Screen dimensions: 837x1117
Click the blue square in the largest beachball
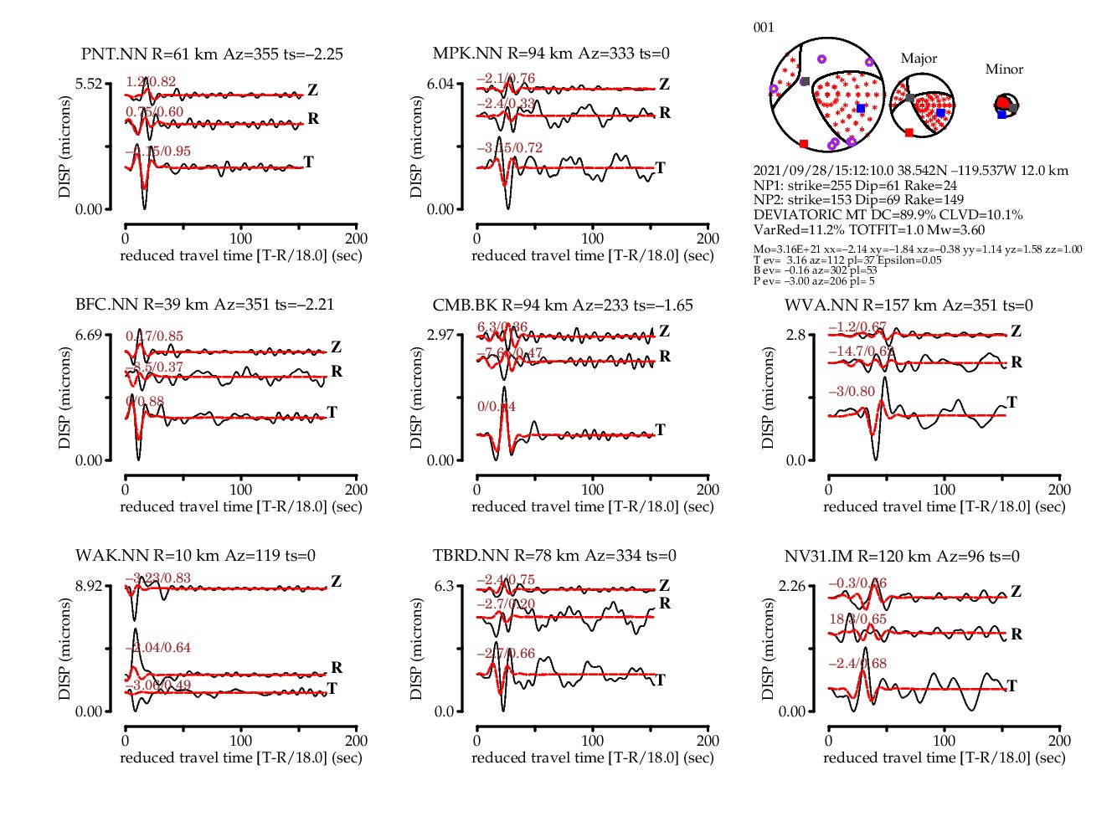tap(861, 109)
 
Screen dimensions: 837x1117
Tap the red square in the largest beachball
tap(804, 144)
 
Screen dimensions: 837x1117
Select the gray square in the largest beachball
tap(805, 82)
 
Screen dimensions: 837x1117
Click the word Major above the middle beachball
tap(919, 59)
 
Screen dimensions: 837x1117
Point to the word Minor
tap(1004, 69)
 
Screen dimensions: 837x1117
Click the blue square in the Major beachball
tap(940, 113)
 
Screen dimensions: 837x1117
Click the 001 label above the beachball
tap(764, 28)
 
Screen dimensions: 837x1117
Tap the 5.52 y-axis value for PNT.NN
tap(89, 84)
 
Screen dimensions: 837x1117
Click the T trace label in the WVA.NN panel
tap(1011, 403)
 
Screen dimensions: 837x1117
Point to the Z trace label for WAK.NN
tap(336, 581)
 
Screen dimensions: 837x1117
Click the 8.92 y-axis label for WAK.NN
tap(89, 586)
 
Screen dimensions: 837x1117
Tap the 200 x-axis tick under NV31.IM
tap(1059, 741)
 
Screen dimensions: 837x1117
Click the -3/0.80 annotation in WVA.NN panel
tap(852, 392)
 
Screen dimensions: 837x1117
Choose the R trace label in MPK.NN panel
tap(665, 113)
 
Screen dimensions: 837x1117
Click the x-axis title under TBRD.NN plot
tap(592, 757)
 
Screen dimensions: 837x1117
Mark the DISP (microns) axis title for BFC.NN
tap(64, 398)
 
